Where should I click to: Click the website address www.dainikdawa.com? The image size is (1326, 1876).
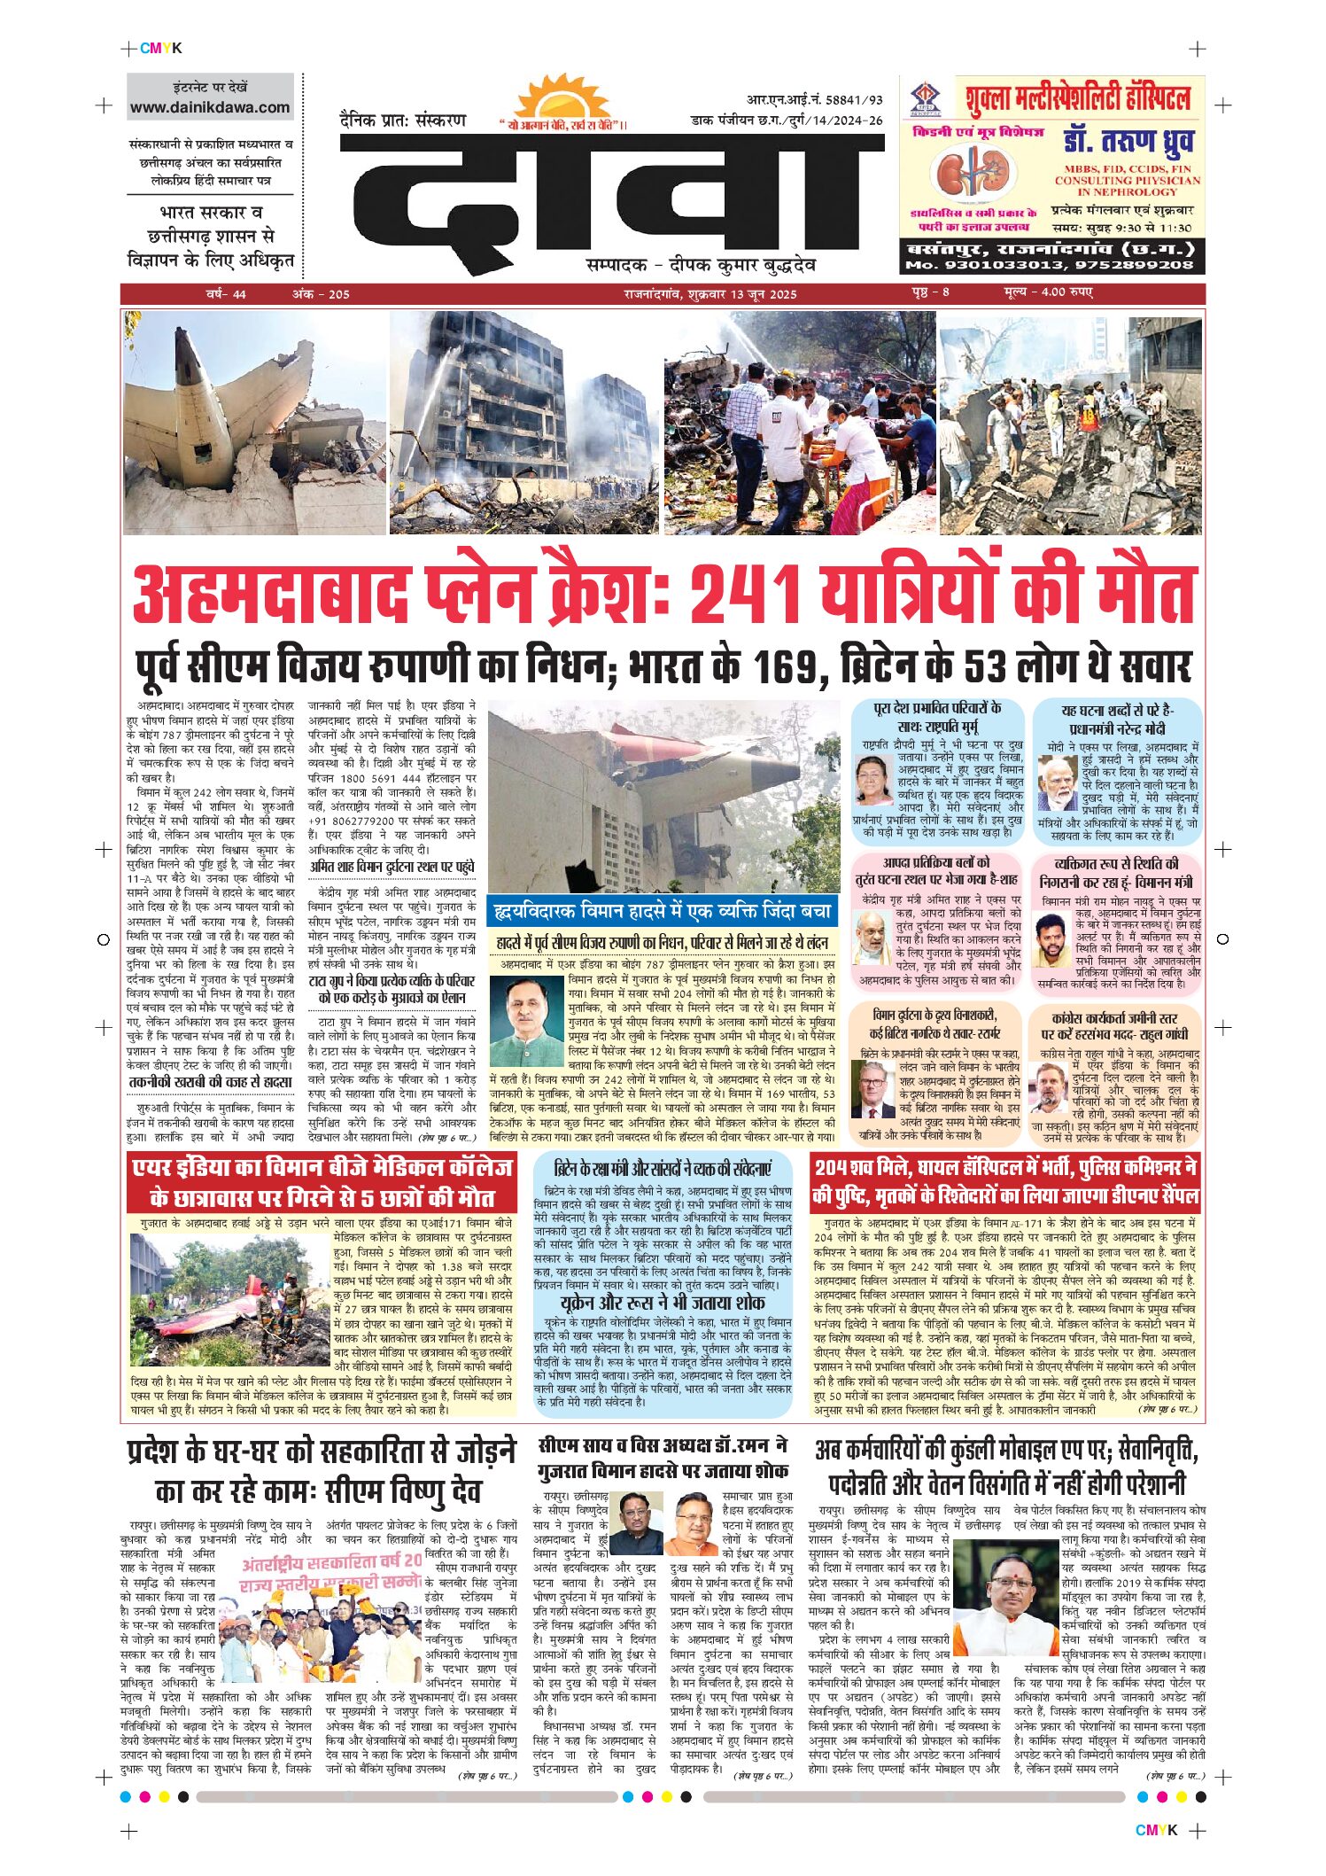tap(210, 107)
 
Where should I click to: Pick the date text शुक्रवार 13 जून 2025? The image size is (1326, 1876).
tap(741, 294)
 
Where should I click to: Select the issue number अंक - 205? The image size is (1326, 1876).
tap(321, 294)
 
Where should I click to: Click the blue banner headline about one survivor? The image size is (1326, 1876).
tap(662, 910)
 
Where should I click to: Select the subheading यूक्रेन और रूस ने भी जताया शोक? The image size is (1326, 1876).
tap(662, 1303)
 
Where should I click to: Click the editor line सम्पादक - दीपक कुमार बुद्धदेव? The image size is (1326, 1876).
tap(701, 265)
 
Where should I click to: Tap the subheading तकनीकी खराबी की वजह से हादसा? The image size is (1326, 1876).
tap(210, 1082)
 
